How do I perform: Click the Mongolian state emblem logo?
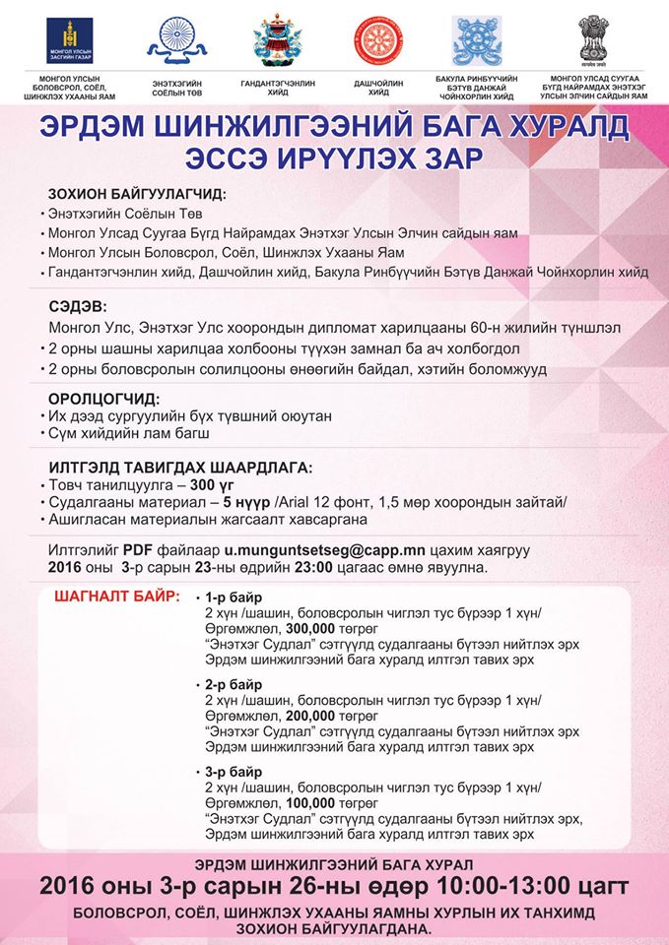70,40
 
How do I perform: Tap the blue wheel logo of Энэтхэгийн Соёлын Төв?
177,38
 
